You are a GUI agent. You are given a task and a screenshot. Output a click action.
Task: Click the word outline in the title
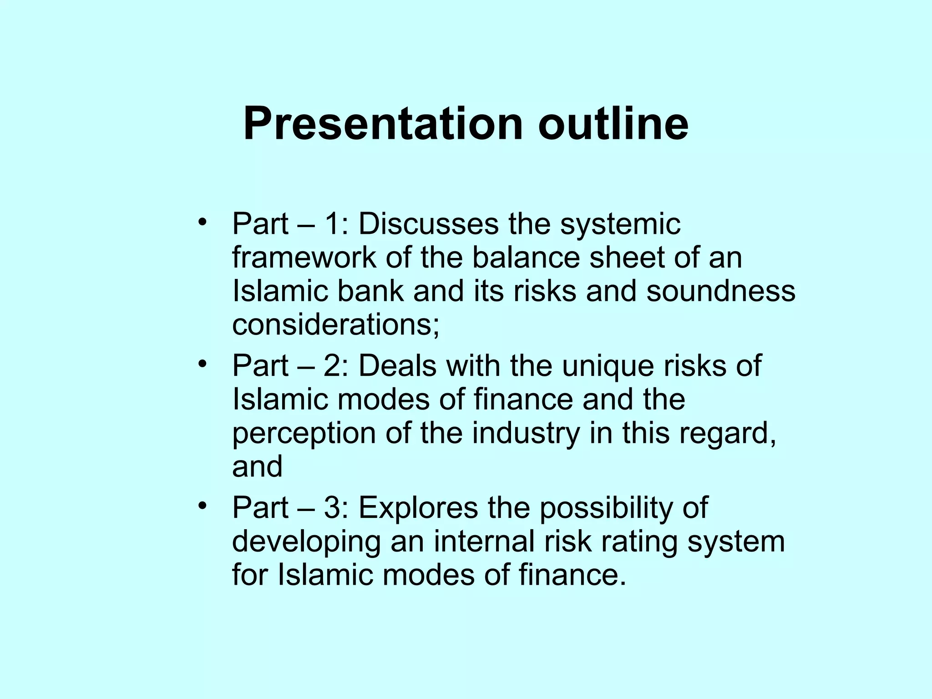point(613,124)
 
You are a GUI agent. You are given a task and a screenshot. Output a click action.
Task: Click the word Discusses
point(428,224)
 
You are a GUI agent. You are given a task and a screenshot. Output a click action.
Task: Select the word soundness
point(721,291)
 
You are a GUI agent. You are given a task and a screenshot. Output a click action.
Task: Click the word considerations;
point(336,325)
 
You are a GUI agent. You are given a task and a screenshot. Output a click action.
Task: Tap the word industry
point(526,433)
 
